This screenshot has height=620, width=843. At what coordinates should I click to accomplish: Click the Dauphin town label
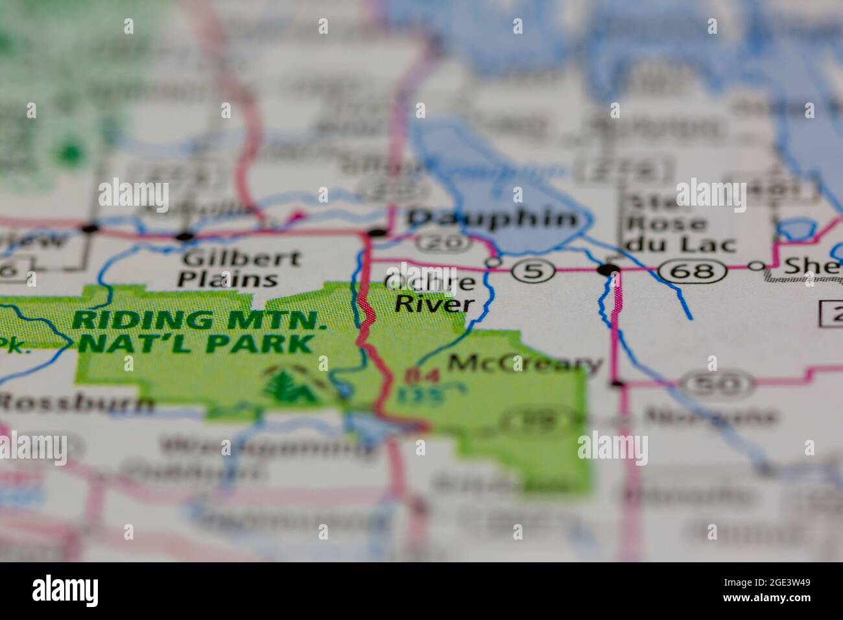[493, 219]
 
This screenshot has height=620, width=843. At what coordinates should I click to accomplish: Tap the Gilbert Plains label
[240, 268]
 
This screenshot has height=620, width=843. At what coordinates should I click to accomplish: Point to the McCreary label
[525, 364]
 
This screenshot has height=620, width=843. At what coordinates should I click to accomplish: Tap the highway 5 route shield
[533, 270]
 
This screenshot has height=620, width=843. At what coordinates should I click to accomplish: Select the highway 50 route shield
[720, 385]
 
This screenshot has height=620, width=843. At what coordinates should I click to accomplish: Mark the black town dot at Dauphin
[377, 232]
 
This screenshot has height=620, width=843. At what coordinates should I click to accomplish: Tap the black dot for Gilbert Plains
[185, 235]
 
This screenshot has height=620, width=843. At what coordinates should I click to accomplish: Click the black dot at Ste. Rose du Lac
[608, 269]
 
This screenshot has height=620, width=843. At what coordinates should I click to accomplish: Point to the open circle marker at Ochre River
[493, 262]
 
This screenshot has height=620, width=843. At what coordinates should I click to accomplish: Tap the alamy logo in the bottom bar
[65, 590]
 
